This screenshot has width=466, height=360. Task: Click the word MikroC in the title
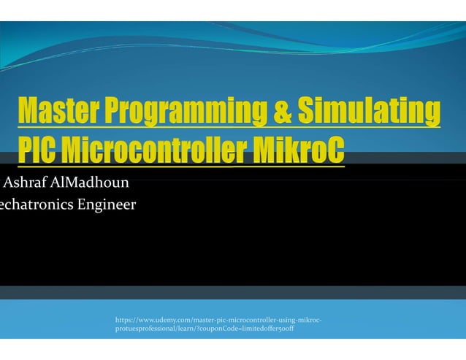[295, 150]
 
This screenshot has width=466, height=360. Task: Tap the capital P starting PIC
[26, 150]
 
